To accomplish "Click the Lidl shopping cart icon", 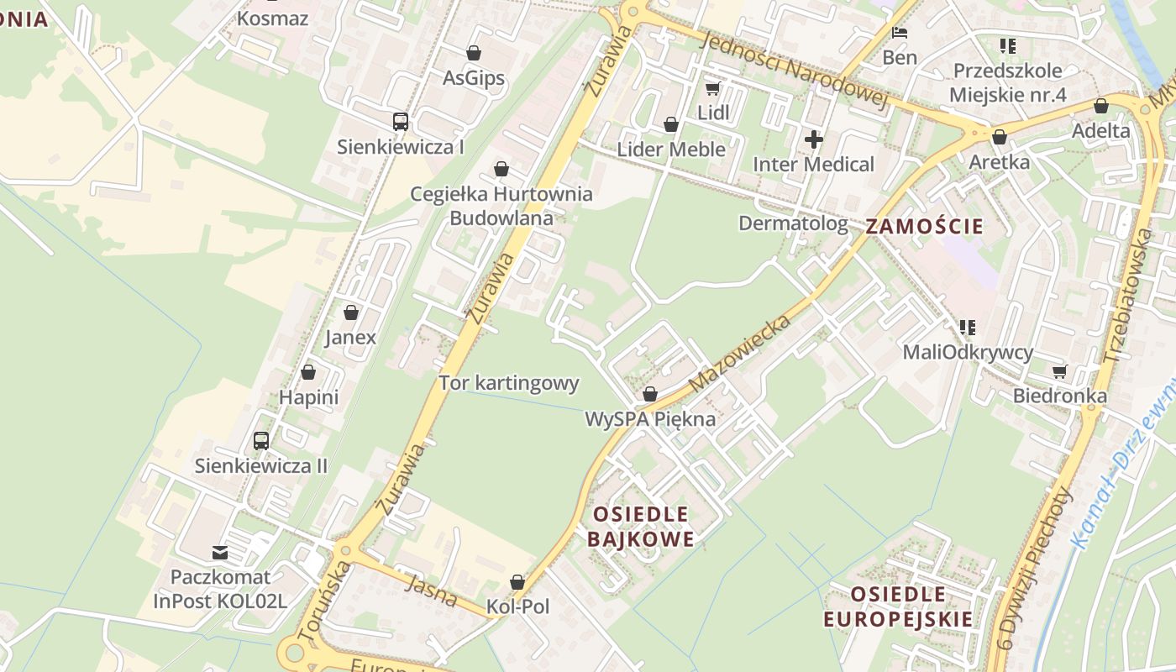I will click(x=712, y=88).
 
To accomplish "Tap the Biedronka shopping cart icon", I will click(x=1059, y=371).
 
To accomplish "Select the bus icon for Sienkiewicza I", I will click(x=401, y=122).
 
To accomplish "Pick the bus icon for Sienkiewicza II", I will click(x=261, y=441).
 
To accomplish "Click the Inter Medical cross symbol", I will click(x=813, y=139).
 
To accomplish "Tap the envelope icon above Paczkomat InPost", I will click(x=220, y=553).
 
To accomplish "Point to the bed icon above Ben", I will click(x=900, y=34).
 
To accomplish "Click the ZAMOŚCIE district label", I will click(x=924, y=226).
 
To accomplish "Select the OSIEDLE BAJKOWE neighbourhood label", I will click(x=641, y=526).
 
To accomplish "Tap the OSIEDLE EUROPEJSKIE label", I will click(x=898, y=606).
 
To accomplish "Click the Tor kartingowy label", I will click(x=509, y=383).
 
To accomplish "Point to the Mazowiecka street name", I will click(x=740, y=354).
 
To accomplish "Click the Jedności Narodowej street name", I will click(x=793, y=71).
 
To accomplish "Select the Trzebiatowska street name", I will click(x=1131, y=285).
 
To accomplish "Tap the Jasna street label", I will click(x=431, y=591).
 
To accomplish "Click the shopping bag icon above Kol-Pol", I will click(x=517, y=582).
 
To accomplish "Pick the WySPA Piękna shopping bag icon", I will click(x=649, y=394).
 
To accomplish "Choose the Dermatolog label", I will click(x=793, y=223).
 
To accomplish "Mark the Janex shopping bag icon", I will click(x=351, y=312).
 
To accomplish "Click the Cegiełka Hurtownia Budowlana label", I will click(x=501, y=206).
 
